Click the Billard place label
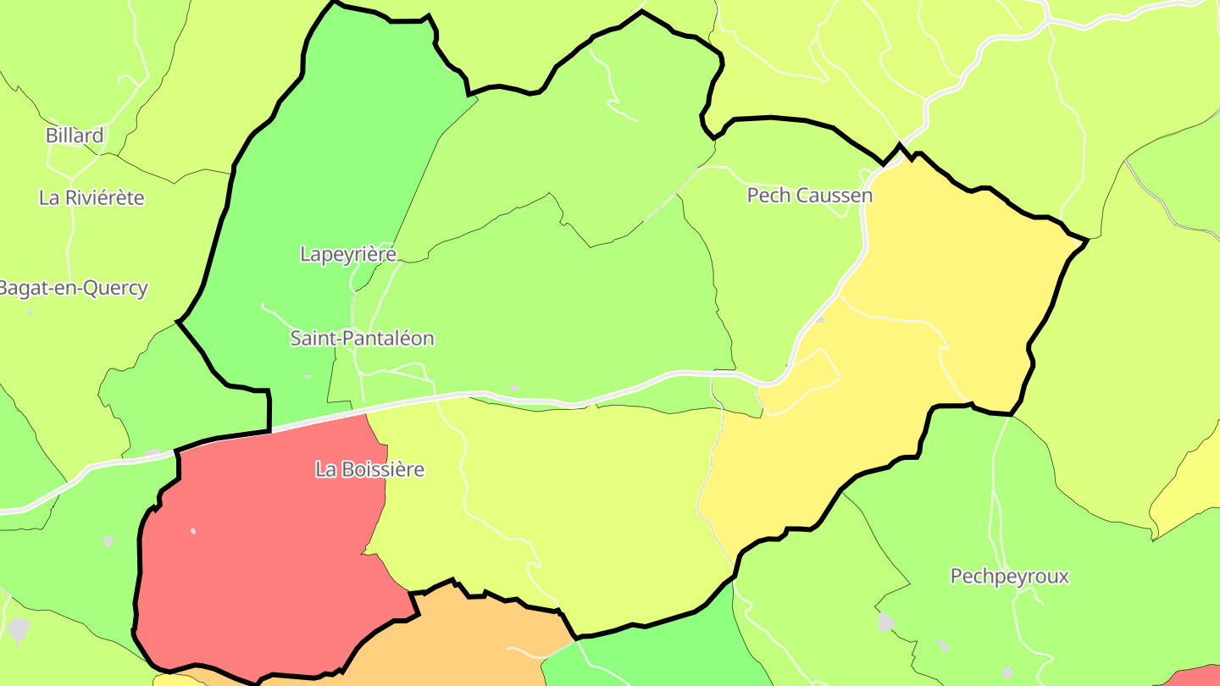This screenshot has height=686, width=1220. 75,135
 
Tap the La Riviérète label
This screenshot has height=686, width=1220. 91,197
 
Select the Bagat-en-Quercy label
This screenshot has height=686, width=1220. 73,288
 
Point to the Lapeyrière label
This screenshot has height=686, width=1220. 348,253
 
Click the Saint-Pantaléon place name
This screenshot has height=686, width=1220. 362,338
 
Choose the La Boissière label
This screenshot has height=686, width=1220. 369,468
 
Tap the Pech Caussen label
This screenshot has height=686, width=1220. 809,196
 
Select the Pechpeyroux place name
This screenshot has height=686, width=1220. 1009,577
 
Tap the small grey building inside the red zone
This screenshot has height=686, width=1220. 193,531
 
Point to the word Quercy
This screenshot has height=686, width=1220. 114,288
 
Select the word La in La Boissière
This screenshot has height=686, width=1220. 324,468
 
